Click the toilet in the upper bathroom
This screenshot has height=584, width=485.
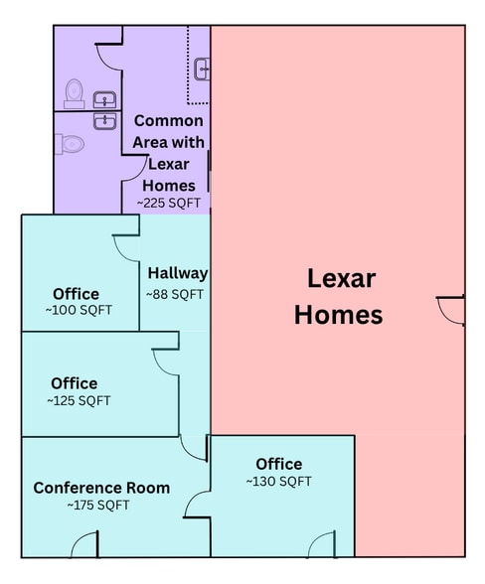pos(74,93)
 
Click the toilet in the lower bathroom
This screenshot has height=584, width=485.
pos(72,144)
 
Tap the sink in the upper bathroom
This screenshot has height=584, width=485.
pos(103,98)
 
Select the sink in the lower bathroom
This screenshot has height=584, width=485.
pos(103,120)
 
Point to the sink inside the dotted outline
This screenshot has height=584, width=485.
pos(202,69)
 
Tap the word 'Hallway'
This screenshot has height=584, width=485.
pos(178,273)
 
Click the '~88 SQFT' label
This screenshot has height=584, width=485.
pos(175,294)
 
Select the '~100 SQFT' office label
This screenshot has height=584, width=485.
pos(79,310)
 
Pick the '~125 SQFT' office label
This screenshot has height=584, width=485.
pos(79,401)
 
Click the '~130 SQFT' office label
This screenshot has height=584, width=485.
pos(279,482)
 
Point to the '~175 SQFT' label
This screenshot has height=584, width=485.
pos(98,506)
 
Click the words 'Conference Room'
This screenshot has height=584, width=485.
pos(101,488)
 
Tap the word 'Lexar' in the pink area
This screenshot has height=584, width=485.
pos(341,278)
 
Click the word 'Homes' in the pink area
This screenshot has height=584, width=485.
pos(340,315)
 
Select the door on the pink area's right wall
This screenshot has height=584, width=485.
pos(453,309)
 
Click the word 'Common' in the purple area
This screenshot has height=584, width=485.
pos(168,120)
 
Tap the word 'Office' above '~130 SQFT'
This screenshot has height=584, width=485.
pos(279,464)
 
